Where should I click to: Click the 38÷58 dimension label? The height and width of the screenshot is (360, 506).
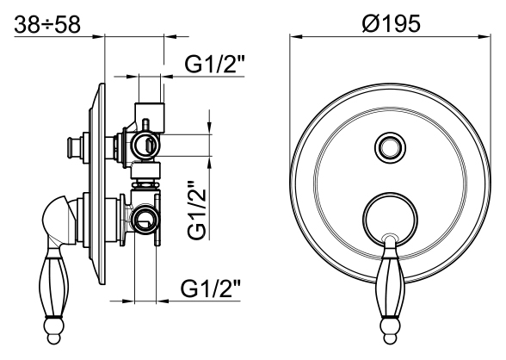coord(47,24)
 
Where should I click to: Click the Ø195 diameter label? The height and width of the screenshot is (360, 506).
coord(391,23)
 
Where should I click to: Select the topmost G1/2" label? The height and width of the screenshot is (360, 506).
coord(215,64)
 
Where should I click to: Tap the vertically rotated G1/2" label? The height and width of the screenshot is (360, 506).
coord(197,210)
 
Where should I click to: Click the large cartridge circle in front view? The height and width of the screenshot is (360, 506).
coord(390,220)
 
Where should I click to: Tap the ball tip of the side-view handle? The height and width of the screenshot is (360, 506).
coord(53,331)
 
